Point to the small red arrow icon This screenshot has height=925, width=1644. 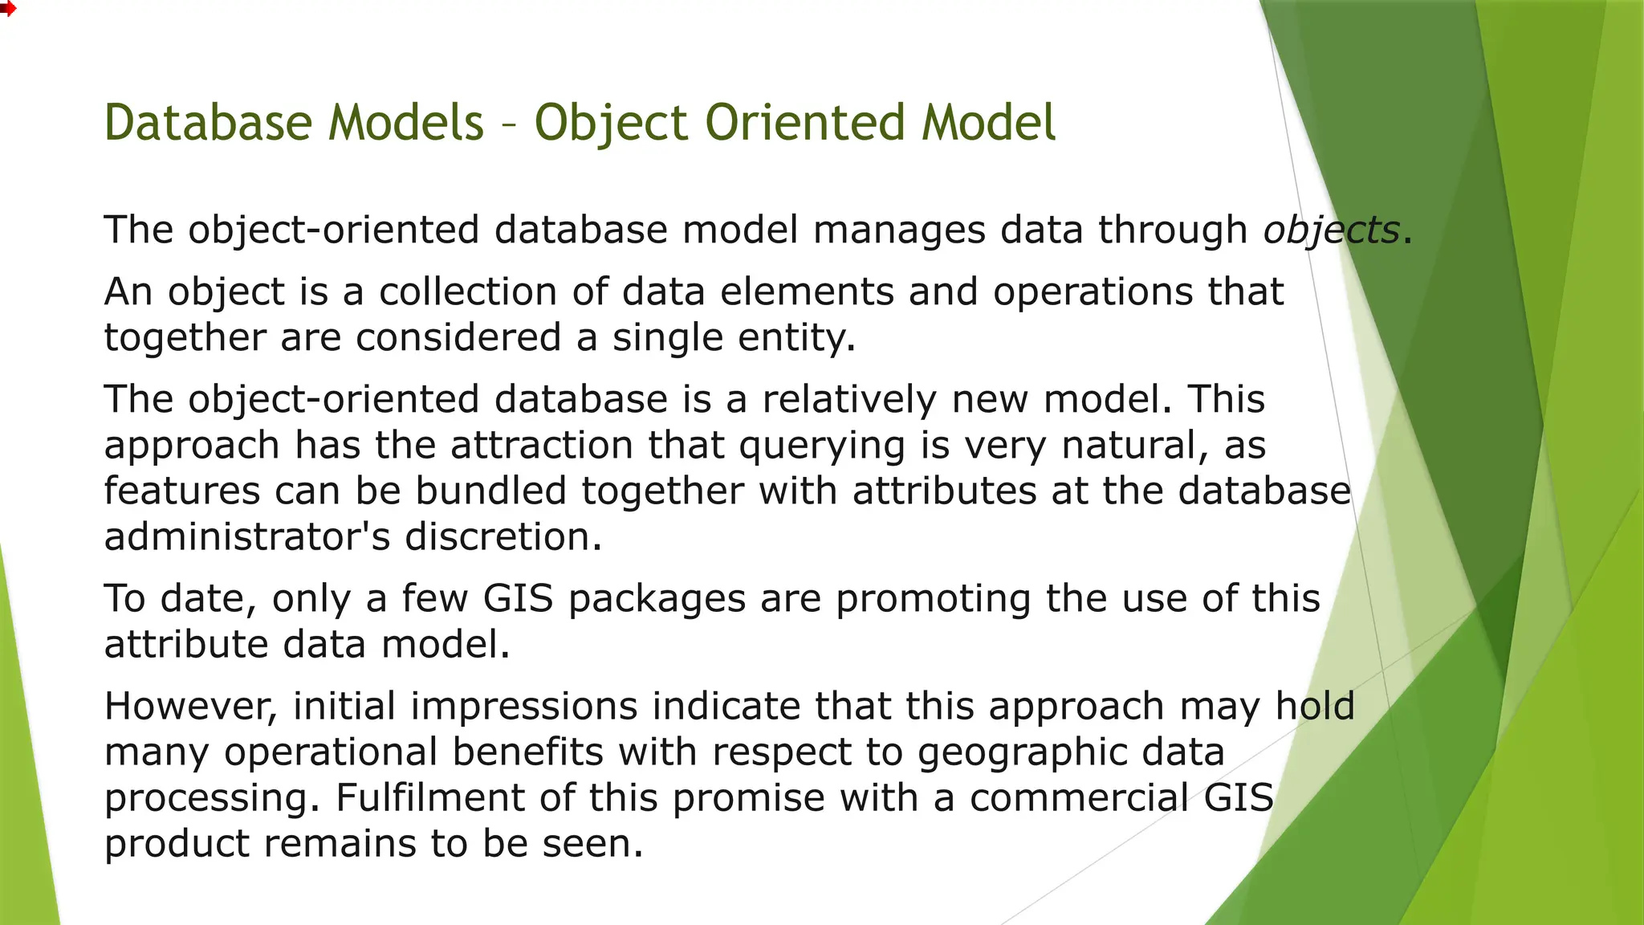tap(7, 9)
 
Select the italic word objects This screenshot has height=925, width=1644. tap(1331, 230)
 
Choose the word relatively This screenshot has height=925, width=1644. tap(849, 399)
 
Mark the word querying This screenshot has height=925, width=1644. tap(822, 446)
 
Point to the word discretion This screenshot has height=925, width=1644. tap(503, 536)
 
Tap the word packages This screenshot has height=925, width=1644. tap(657, 599)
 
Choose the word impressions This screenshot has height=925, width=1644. tap(524, 707)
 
